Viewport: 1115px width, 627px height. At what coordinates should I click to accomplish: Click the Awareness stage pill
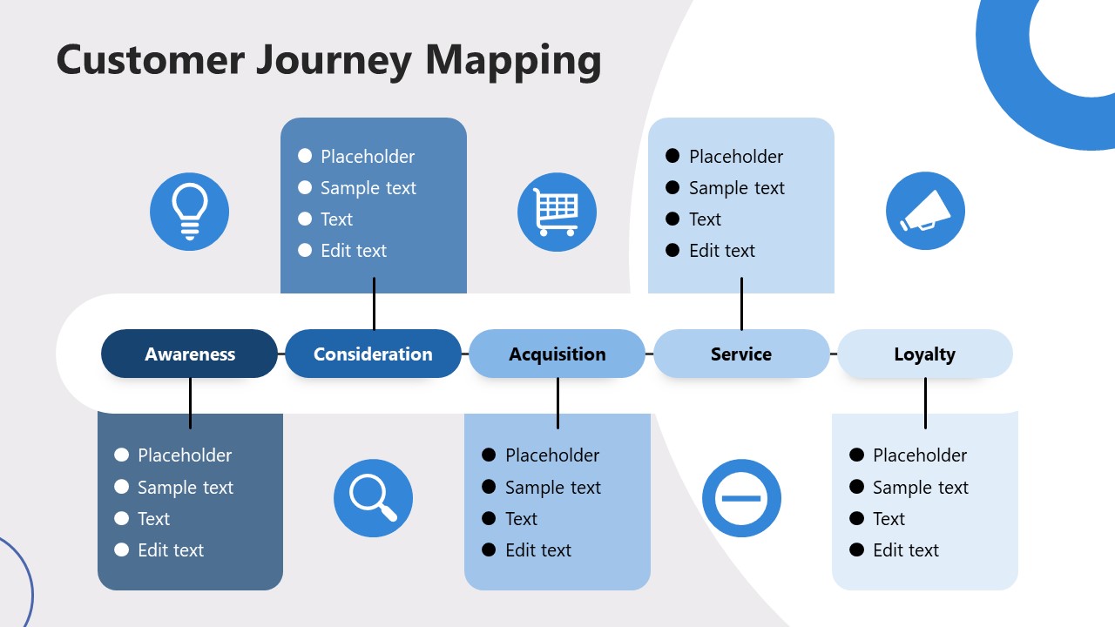tap(190, 354)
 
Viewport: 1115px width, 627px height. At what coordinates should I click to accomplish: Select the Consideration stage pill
tap(373, 354)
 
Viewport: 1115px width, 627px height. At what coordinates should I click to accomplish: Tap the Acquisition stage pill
tap(557, 354)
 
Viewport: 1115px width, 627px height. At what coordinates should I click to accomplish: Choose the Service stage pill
tap(741, 354)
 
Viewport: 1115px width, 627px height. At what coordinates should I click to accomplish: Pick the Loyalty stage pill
tap(925, 354)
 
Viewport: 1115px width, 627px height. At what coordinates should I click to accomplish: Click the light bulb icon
tap(189, 212)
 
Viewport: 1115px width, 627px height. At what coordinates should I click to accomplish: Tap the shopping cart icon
tap(557, 212)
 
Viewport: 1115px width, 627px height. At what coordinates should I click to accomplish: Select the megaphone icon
tap(925, 212)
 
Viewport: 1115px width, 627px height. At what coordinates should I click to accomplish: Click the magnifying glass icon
tap(373, 498)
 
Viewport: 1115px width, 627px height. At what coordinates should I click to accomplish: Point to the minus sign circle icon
tap(741, 498)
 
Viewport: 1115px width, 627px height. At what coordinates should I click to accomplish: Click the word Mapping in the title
tap(513, 60)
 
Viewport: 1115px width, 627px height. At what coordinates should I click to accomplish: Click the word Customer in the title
tap(150, 60)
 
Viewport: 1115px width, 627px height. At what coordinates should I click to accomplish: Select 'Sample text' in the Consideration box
tap(368, 188)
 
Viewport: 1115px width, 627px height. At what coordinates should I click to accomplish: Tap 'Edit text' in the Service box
tap(721, 251)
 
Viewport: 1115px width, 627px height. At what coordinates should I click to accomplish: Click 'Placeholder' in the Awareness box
tap(185, 455)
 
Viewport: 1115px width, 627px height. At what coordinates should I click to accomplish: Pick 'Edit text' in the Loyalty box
tap(906, 550)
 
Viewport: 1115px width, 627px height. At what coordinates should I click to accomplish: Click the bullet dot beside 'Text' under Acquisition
tap(489, 518)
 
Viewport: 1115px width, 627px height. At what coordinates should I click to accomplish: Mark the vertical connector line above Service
tap(741, 303)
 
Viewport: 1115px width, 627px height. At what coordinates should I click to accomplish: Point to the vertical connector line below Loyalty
tap(925, 403)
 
